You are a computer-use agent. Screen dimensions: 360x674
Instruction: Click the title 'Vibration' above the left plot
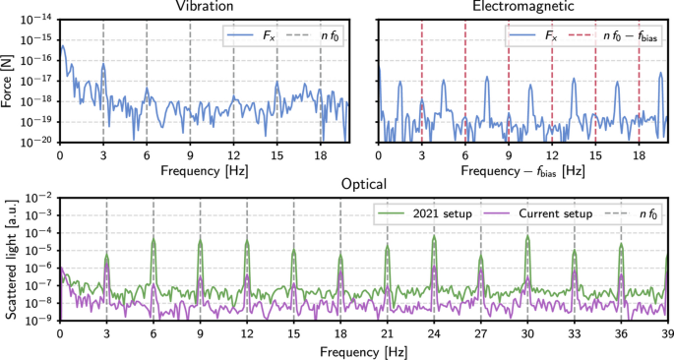(205, 7)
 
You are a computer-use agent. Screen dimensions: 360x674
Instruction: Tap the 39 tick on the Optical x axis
(668, 333)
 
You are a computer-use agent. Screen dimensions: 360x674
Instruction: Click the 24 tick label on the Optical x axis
(434, 333)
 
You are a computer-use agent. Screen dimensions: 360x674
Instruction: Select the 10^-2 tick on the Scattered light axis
(40, 199)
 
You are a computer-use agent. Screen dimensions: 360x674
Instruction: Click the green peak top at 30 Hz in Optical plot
(527, 237)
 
